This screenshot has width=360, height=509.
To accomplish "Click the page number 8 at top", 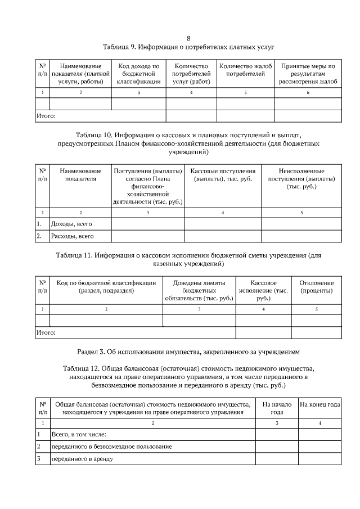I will click(188, 38).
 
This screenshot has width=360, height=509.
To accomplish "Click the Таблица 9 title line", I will click(188, 46).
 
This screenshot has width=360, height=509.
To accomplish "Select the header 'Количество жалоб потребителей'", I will click(245, 70).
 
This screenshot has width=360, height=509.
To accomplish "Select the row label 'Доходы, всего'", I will click(72, 224).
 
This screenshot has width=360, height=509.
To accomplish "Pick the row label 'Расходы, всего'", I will click(72, 236).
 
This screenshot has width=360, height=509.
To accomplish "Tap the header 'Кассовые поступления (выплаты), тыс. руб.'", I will click(223, 175).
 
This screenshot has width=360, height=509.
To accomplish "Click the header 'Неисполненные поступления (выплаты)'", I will click(301, 178).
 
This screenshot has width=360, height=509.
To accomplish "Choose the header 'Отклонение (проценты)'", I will click(317, 286).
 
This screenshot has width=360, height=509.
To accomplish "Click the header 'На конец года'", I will click(319, 404).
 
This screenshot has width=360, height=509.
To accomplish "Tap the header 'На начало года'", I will click(277, 408).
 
